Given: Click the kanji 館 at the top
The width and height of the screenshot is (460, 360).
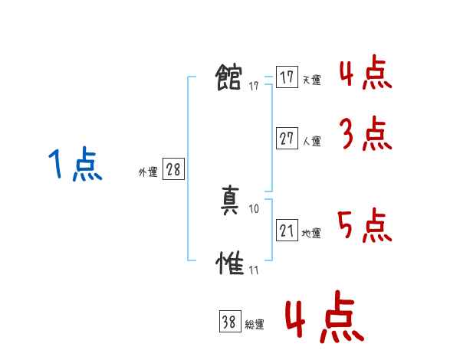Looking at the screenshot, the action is coord(230,77).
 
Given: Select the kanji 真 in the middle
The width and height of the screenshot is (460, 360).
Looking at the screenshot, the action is coord(230,201).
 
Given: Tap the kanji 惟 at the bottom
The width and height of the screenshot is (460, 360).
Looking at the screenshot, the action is coord(230,263).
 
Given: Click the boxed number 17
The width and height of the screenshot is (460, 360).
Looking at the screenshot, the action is coord(287,77).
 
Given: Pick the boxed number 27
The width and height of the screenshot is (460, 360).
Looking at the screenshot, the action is coord(287,139).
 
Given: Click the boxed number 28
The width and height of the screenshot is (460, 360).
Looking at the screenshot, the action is coord(173,169).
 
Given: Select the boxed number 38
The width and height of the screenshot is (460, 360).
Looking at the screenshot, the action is coord(229,322).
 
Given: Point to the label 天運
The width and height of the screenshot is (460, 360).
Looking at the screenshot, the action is coord(311,80).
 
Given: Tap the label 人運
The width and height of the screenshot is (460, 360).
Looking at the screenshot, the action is coord(311,141).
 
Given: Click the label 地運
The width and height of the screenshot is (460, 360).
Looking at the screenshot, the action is coord(311,233).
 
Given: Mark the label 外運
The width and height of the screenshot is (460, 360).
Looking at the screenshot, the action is coord(148,172).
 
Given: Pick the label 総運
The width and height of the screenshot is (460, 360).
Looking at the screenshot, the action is coord(254,325).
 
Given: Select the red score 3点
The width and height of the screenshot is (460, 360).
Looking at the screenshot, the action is coord(366,135).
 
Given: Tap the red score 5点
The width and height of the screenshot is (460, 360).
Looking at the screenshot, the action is coord(365,225).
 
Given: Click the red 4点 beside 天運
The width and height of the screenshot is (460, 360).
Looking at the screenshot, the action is coord(365,73).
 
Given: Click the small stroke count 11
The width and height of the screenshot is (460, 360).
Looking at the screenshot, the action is coord(254,270).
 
